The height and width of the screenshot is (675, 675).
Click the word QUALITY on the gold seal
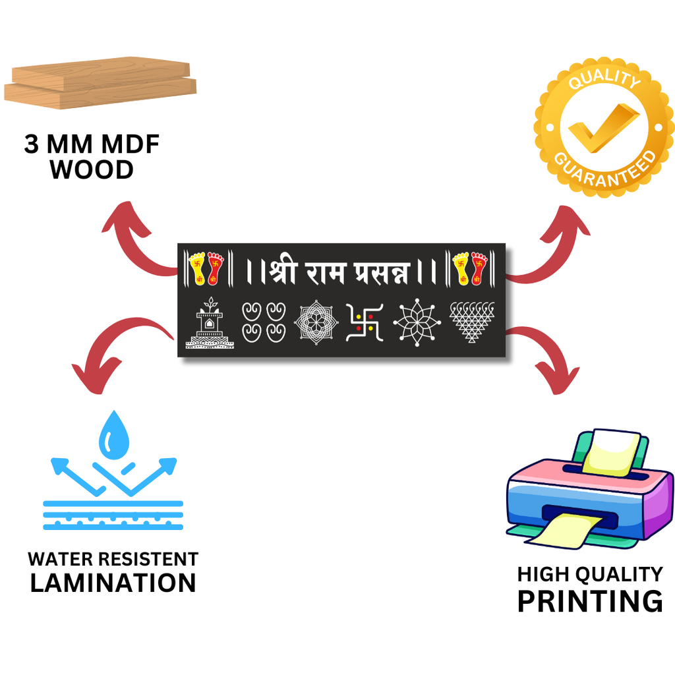pos(604,78)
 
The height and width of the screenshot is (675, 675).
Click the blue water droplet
pos(114,435)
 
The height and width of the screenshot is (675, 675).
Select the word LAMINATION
pos(113,583)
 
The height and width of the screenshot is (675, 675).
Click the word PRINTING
pos(590,601)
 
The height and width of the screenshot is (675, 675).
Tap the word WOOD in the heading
pos(92,170)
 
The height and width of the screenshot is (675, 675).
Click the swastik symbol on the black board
pos(365,322)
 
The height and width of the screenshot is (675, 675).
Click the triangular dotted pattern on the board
pos(471,322)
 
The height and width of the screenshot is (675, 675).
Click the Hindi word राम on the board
pos(324,270)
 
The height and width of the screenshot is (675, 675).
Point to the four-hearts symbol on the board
pos(264,322)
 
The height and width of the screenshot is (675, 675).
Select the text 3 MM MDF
pos(92,144)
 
